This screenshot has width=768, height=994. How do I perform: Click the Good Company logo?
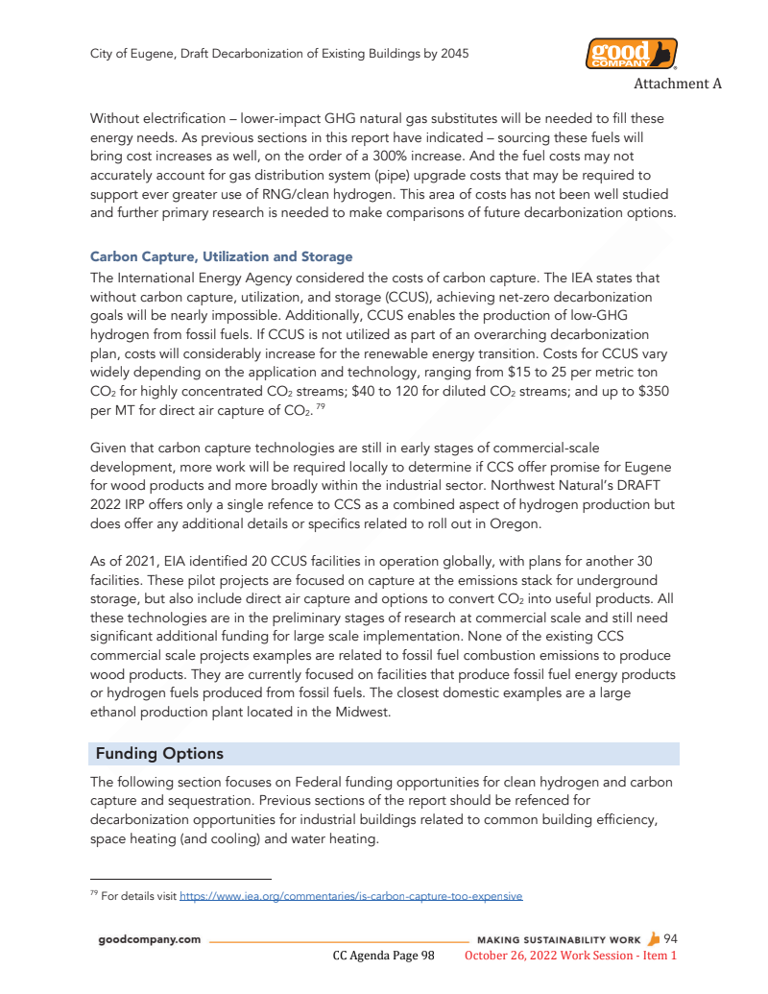click(631, 53)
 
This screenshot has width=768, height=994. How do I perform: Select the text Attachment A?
click(678, 84)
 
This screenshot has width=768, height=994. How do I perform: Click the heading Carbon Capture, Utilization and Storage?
click(221, 256)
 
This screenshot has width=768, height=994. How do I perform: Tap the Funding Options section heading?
click(159, 753)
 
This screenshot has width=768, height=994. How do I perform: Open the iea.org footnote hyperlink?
click(351, 896)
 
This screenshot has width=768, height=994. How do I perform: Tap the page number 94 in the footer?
click(671, 938)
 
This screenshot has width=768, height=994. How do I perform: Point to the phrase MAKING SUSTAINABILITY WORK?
click(559, 939)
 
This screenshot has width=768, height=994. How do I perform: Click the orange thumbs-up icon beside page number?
click(655, 938)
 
